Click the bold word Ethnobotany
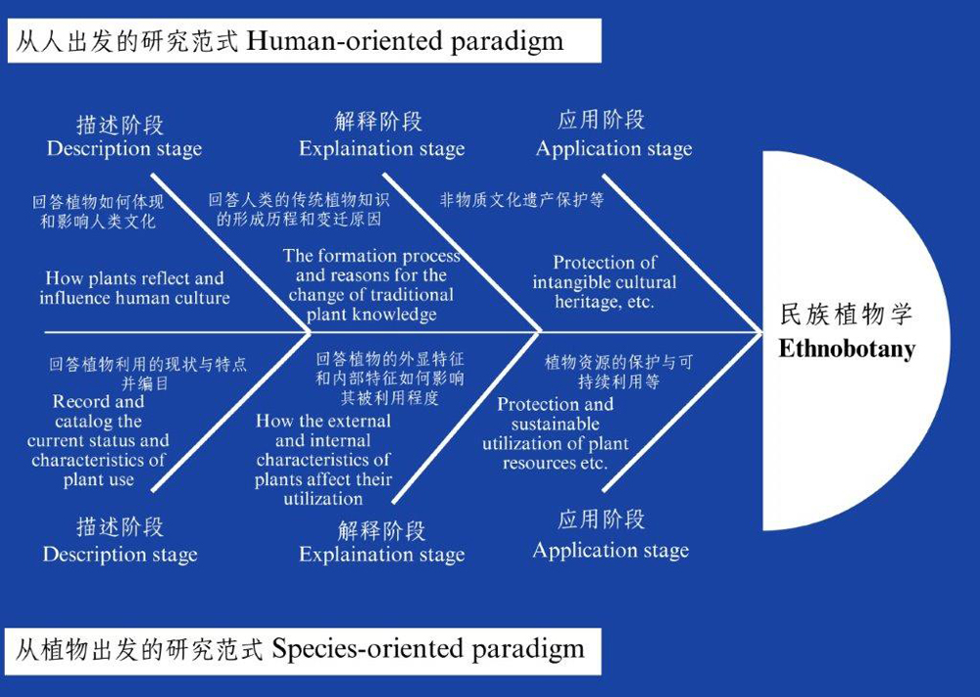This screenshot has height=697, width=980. [x=847, y=349]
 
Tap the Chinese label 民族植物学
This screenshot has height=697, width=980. [x=847, y=314]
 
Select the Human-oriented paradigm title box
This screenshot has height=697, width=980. [x=305, y=40]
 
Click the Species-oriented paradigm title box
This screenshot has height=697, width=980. [x=305, y=651]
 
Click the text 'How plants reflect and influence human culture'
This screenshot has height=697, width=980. [x=134, y=287]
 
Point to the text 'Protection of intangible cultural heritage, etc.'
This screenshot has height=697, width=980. [x=605, y=282]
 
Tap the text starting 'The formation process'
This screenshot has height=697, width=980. [x=371, y=284]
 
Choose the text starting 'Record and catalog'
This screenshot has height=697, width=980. [x=98, y=440]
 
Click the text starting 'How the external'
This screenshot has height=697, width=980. [x=323, y=460]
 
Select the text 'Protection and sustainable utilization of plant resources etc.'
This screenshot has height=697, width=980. [x=555, y=433]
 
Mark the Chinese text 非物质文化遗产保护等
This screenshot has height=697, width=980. [x=521, y=200]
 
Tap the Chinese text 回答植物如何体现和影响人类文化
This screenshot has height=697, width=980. [x=98, y=212]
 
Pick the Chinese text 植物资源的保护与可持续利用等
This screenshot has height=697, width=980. [x=618, y=372]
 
